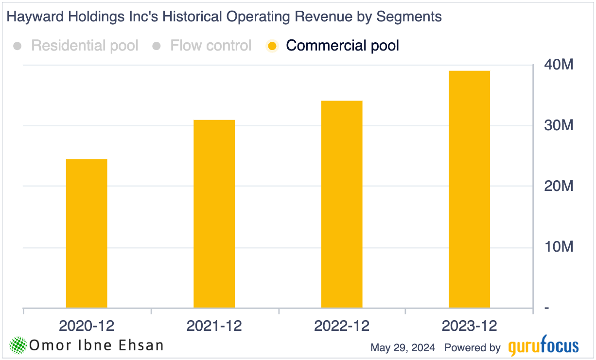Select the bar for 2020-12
coord(87,233)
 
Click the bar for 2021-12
coord(214,214)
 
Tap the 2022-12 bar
coord(342,204)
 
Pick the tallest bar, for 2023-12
coord(469,189)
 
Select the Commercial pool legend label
coord(342,46)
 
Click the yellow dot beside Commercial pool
coord(272,46)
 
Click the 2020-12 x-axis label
coord(87,326)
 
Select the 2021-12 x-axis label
coord(214,326)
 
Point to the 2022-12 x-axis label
coord(342,326)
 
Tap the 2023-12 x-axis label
coord(469,326)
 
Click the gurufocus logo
coord(543,347)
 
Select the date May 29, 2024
coord(403,348)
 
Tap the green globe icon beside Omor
coord(18,345)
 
